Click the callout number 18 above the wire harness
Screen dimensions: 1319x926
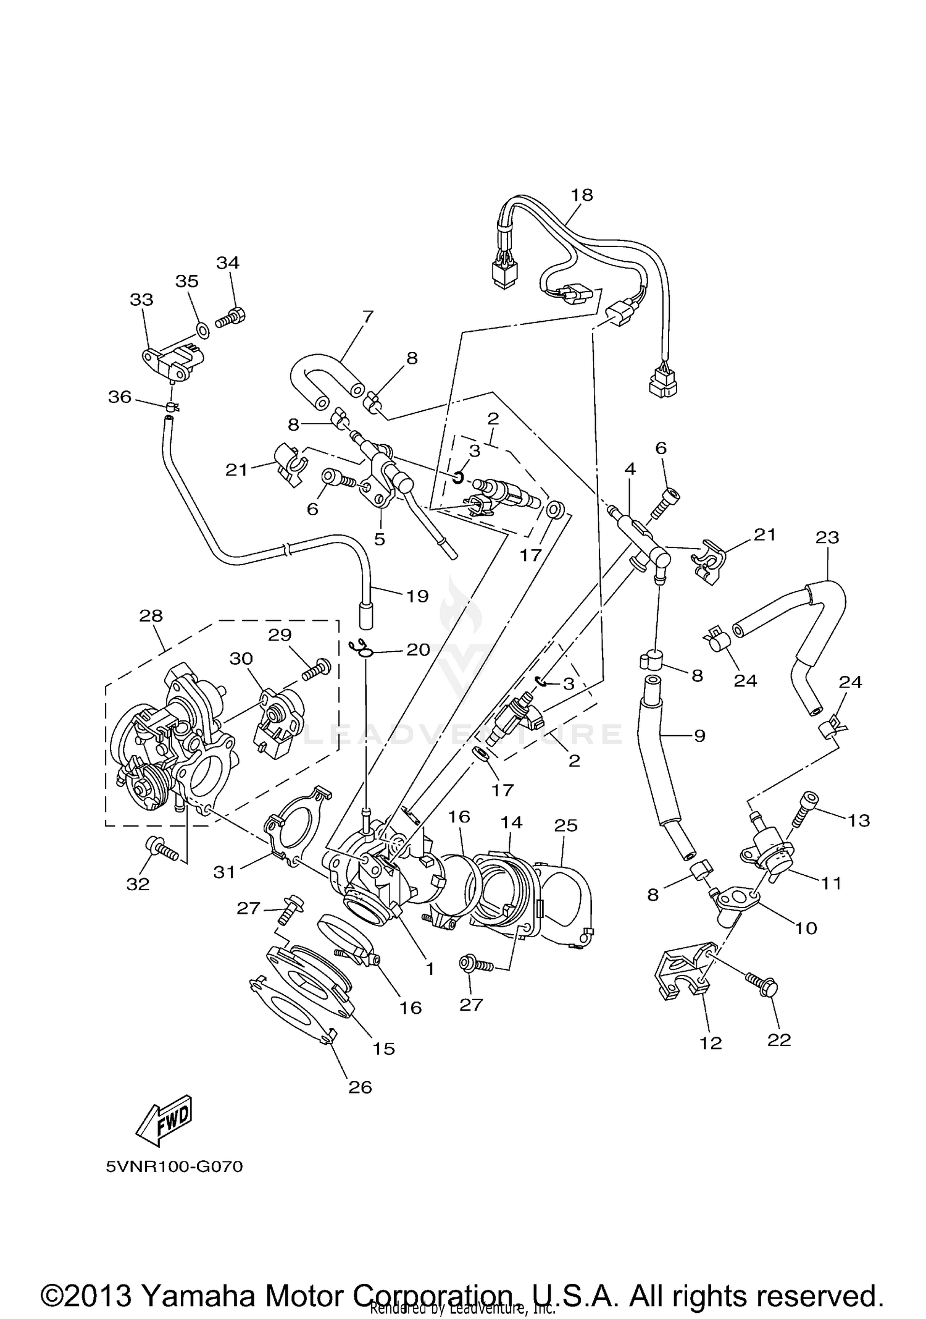tap(582, 195)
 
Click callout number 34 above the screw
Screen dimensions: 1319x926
tap(227, 263)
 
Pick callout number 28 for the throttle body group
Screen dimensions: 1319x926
tap(151, 615)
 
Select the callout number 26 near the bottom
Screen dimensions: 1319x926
tap(360, 1087)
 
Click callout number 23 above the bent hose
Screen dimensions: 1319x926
tap(827, 537)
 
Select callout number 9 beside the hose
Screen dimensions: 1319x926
tap(699, 735)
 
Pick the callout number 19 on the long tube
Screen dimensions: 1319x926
tap(417, 596)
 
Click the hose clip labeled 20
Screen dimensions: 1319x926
tap(361, 648)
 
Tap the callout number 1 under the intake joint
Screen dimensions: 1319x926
tap(430, 969)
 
